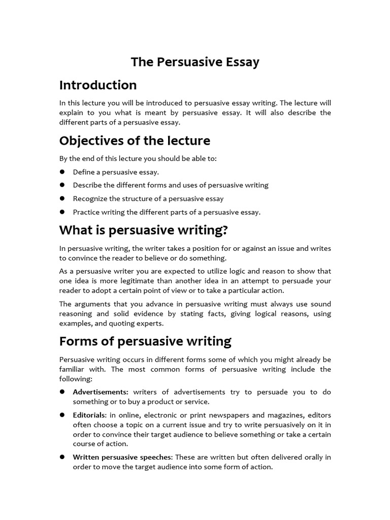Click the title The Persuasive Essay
(x=195, y=62)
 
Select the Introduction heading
(x=98, y=85)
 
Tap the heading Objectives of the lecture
(x=135, y=140)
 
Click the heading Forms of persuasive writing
(x=145, y=341)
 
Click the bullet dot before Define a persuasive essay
(x=62, y=172)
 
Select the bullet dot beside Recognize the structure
(x=62, y=199)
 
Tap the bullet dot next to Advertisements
(x=62, y=392)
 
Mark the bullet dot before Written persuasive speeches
(x=62, y=457)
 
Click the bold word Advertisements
(x=101, y=392)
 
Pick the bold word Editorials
(x=89, y=415)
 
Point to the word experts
(x=149, y=323)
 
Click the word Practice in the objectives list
(x=86, y=212)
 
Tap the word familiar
(x=73, y=369)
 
